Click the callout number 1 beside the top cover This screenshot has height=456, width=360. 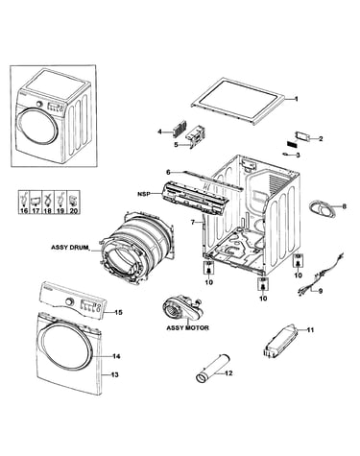(296, 99)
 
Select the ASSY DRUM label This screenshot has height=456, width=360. (69, 248)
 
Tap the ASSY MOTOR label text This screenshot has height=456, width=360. (188, 328)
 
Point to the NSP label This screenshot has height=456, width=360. (143, 194)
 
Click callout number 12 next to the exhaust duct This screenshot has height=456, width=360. (228, 373)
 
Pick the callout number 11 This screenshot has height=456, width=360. (310, 329)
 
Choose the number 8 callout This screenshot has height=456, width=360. (344, 206)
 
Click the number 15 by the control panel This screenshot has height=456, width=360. (118, 312)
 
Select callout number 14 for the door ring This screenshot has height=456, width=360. (116, 356)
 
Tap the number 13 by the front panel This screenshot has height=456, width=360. (114, 374)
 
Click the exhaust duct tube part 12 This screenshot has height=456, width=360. (213, 368)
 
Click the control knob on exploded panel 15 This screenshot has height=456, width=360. (69, 301)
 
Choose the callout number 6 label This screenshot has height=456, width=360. (168, 172)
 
